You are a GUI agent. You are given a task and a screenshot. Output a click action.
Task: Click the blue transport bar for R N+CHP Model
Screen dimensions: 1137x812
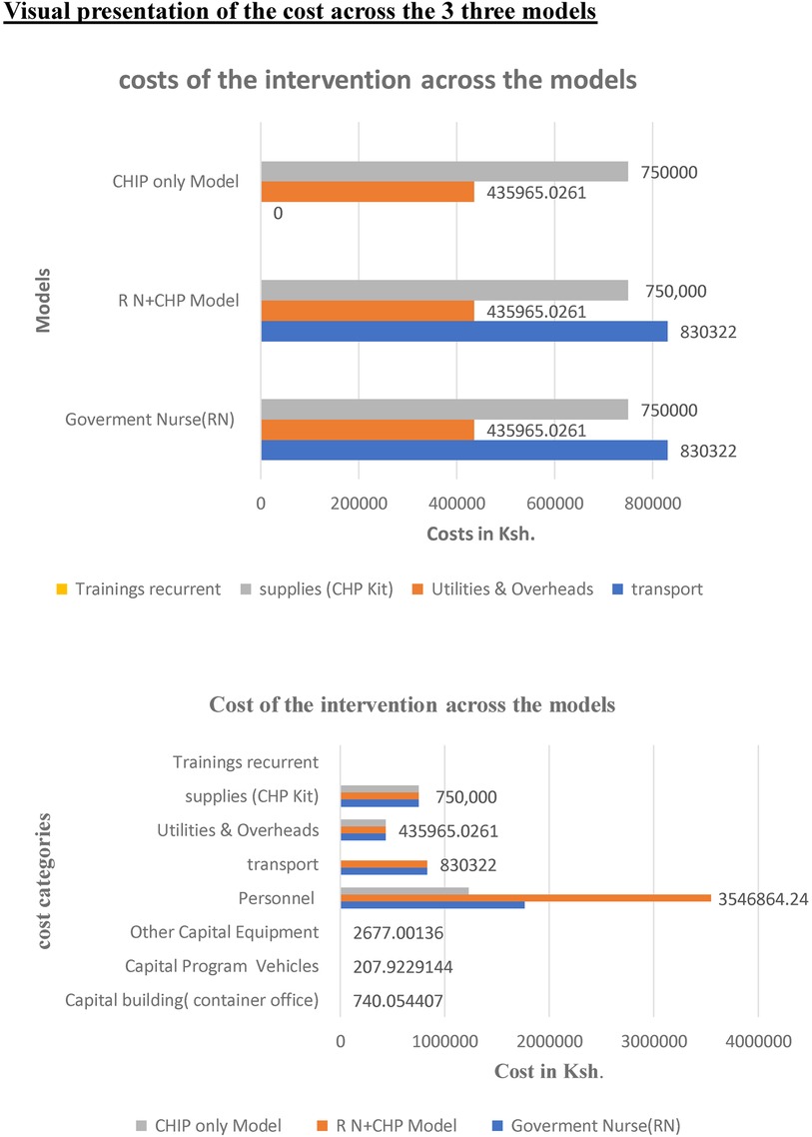(x=463, y=332)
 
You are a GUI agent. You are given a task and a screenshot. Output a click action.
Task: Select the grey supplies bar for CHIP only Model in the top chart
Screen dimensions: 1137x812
(x=443, y=172)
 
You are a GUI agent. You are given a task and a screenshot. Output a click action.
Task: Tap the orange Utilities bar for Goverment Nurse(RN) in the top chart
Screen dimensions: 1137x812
(x=368, y=430)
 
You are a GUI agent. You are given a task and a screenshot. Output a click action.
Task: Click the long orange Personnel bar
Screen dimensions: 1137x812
(x=525, y=898)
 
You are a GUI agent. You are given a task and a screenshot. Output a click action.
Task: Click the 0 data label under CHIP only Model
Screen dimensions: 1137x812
(x=278, y=213)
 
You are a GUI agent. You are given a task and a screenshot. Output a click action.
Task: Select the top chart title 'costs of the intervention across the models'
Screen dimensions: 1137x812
(x=378, y=81)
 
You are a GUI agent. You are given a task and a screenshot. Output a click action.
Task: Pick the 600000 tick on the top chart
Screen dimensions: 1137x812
(x=554, y=504)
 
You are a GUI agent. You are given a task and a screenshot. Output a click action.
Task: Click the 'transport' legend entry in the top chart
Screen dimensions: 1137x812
(x=665, y=588)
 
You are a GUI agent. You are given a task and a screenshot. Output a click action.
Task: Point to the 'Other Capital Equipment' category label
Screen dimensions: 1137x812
(x=224, y=932)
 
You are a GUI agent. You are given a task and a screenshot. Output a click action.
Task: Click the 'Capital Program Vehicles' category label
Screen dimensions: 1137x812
(x=221, y=966)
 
